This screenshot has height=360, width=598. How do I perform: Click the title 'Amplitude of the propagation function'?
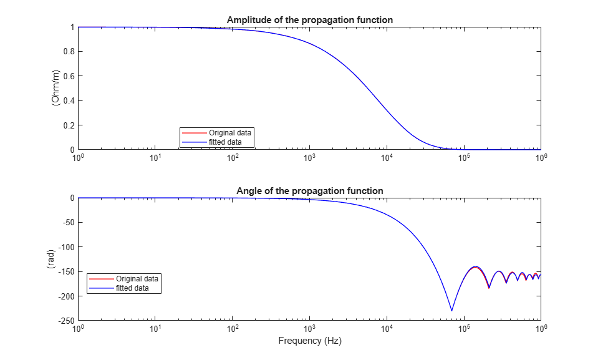[x=310, y=20]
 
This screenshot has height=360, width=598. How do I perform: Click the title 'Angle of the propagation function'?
[x=310, y=191]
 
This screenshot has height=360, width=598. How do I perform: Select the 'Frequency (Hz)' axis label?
[x=310, y=341]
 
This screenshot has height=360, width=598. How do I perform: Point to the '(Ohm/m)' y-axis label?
[x=55, y=88]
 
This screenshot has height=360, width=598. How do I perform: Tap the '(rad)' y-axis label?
[x=51, y=259]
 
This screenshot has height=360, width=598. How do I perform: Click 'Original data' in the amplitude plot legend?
[x=230, y=133]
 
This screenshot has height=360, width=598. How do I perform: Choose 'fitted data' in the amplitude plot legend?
[x=225, y=142]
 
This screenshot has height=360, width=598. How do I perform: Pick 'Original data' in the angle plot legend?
[x=137, y=279]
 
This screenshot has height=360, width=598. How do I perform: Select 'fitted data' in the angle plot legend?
[x=132, y=288]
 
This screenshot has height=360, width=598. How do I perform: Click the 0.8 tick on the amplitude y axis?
[x=69, y=52]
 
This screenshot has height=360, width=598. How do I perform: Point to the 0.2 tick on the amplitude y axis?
[x=69, y=125]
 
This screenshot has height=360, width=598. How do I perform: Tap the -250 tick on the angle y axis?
[x=66, y=321]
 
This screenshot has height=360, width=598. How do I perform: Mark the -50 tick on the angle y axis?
[x=68, y=223]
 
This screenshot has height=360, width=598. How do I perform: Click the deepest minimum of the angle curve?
[x=452, y=311]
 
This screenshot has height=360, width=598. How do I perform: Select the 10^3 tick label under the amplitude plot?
[x=310, y=157]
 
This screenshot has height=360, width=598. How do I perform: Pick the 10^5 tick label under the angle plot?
[x=464, y=328]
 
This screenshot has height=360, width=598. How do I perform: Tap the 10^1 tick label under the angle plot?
[x=155, y=328]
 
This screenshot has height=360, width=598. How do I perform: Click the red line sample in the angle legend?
[x=102, y=279]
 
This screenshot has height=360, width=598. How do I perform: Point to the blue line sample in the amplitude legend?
[x=195, y=142]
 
